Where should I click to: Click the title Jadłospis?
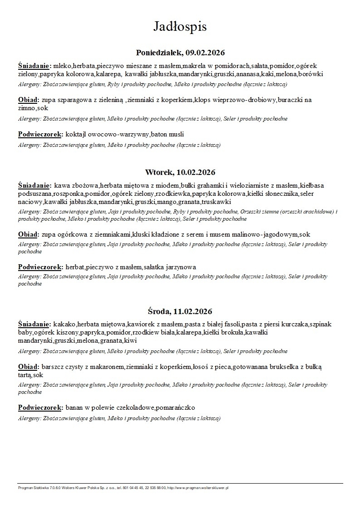click(180, 27)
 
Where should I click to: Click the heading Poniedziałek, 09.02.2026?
click(180, 53)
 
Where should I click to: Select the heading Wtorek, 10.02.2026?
click(180, 172)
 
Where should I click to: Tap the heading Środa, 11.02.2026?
click(180, 311)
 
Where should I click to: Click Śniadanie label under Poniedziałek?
click(34, 65)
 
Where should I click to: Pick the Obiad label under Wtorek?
click(28, 234)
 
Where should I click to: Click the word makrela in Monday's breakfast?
click(194, 65)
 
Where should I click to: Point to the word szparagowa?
click(71, 100)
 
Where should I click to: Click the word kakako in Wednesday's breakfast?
click(64, 324)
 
